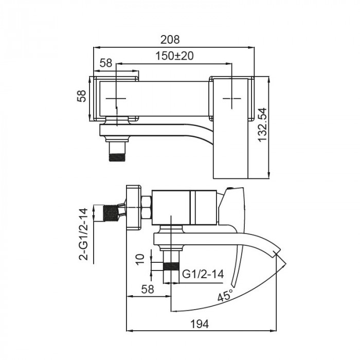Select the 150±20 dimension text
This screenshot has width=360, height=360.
point(175,57)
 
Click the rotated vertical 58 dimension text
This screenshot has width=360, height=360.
point(81,97)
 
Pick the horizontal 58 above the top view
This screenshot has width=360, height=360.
point(106,63)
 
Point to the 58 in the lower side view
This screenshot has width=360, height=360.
point(148,289)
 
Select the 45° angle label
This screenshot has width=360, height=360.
point(224,296)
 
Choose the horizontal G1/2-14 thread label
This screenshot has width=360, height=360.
point(203,275)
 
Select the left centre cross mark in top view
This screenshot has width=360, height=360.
point(117,98)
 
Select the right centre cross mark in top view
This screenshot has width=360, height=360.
point(232,98)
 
